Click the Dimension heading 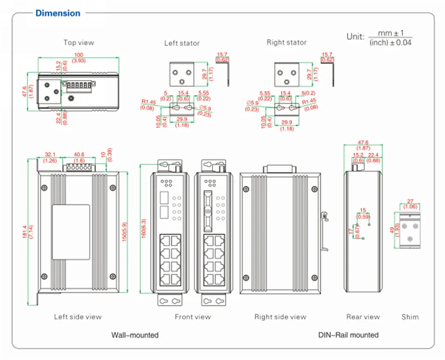click(x=58, y=13)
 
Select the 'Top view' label click(x=78, y=43)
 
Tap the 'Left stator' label click(x=182, y=43)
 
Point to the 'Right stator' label click(x=286, y=42)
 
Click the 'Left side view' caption click(x=78, y=316)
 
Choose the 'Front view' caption click(x=193, y=316)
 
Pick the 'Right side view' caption click(x=280, y=316)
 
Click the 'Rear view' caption click(x=363, y=316)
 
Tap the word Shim click(x=410, y=316)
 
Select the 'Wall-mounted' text click(x=135, y=335)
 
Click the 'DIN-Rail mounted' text click(x=349, y=335)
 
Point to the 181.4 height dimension click(x=30, y=231)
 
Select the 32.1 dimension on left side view click(x=50, y=155)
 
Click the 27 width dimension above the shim click(x=411, y=201)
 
